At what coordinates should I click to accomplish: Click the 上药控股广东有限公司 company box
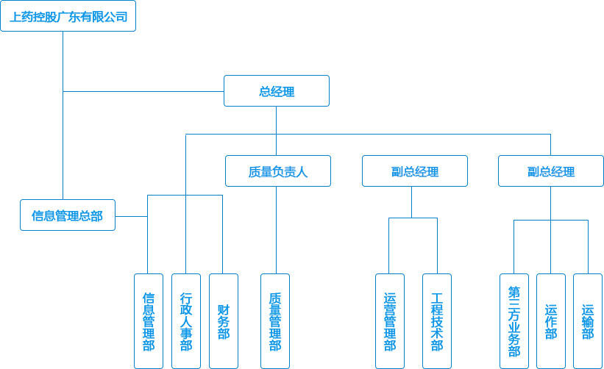pyautogui.click(x=68, y=16)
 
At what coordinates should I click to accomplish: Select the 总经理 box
pyautogui.click(x=277, y=91)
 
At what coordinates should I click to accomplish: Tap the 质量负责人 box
pyautogui.click(x=277, y=171)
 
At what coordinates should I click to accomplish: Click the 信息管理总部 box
pyautogui.click(x=68, y=215)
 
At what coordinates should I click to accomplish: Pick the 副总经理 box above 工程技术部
pyautogui.click(x=414, y=171)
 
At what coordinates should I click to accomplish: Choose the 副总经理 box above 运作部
pyautogui.click(x=550, y=171)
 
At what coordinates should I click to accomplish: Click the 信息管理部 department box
pyautogui.click(x=148, y=320)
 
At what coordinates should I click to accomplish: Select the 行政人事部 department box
pyautogui.click(x=185, y=320)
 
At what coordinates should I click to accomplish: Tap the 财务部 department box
pyautogui.click(x=223, y=320)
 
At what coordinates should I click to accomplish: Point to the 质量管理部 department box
pyautogui.click(x=275, y=320)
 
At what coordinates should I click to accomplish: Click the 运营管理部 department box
pyautogui.click(x=389, y=320)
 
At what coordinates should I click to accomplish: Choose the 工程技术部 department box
pyautogui.click(x=437, y=320)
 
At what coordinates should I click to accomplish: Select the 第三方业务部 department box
pyautogui.click(x=514, y=320)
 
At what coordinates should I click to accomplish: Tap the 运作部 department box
pyautogui.click(x=550, y=320)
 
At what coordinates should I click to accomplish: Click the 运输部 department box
pyautogui.click(x=587, y=320)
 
